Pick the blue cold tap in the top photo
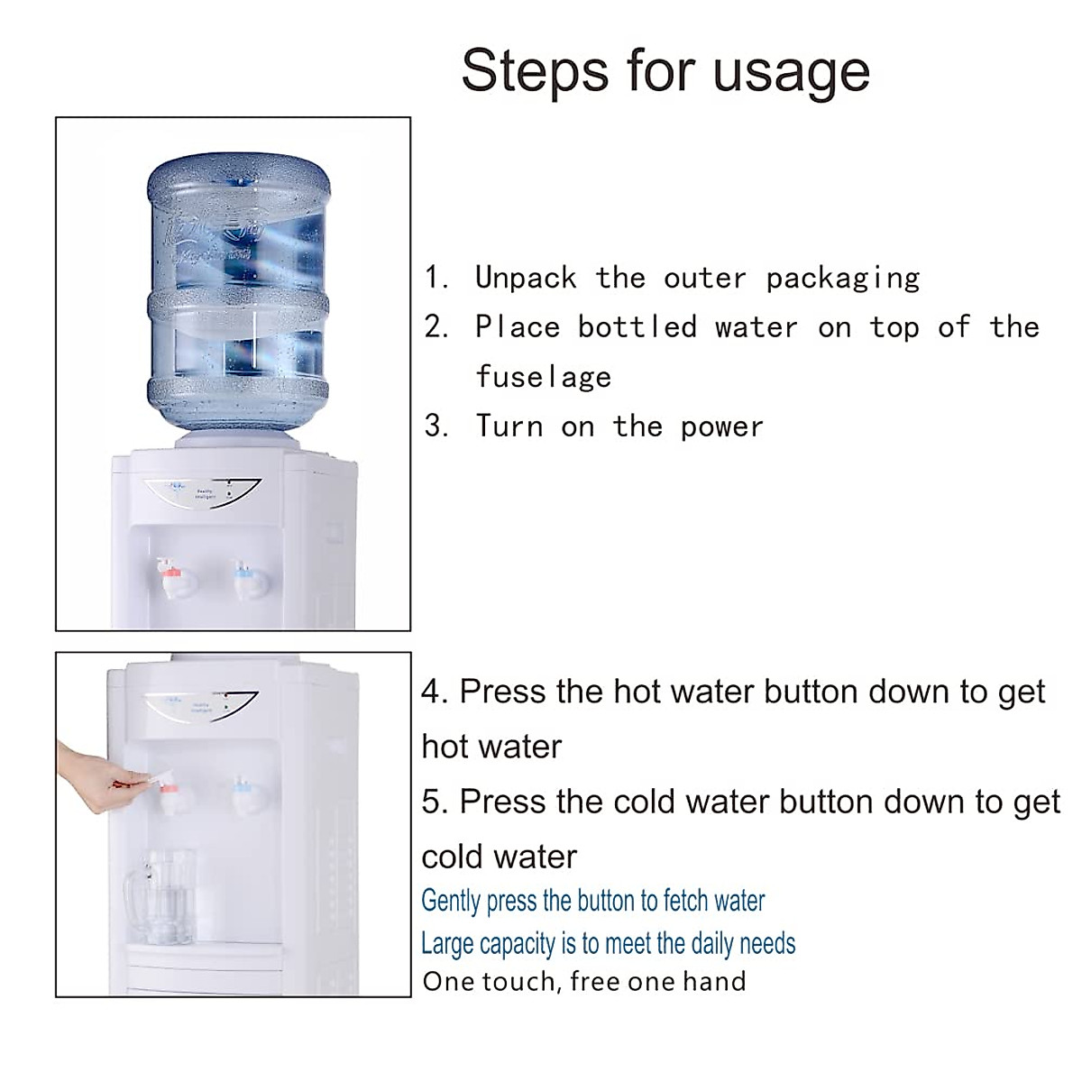(247, 577)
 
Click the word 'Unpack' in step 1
(526, 278)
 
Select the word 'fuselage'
(544, 377)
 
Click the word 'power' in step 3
(722, 426)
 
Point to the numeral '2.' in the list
(436, 326)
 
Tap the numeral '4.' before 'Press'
(435, 692)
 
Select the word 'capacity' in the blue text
(518, 944)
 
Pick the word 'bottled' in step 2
(637, 326)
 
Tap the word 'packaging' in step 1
(843, 278)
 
